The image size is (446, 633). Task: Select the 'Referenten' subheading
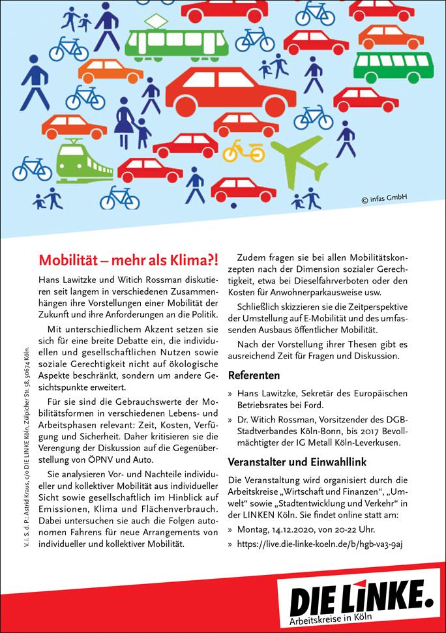click(254, 375)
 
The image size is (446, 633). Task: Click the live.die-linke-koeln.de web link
click(320, 544)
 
